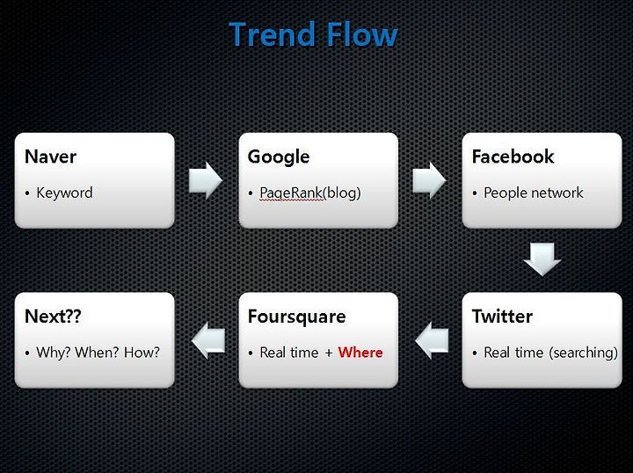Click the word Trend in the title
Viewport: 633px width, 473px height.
pyautogui.click(x=272, y=34)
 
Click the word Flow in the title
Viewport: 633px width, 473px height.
pyautogui.click(x=362, y=34)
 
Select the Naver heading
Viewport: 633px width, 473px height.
pyautogui.click(x=50, y=156)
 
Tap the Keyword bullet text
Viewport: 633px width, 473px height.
pyautogui.click(x=64, y=193)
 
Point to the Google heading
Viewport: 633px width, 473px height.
pyautogui.click(x=279, y=157)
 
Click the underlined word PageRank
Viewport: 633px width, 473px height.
pyautogui.click(x=291, y=193)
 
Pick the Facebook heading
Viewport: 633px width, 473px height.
pyautogui.click(x=513, y=156)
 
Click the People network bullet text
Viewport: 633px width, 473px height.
pyautogui.click(x=534, y=193)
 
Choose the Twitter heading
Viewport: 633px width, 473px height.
pyautogui.click(x=502, y=317)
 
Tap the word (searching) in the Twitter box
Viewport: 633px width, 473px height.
pyautogui.click(x=584, y=353)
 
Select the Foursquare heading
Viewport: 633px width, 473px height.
pyautogui.click(x=297, y=317)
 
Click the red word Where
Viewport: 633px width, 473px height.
pyautogui.click(x=360, y=353)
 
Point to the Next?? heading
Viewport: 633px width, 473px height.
pyautogui.click(x=53, y=317)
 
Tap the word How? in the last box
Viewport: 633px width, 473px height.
pyautogui.click(x=142, y=353)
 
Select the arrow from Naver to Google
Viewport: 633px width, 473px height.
pyautogui.click(x=206, y=180)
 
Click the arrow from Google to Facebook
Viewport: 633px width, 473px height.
pyautogui.click(x=429, y=180)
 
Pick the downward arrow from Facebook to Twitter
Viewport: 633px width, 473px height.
pyautogui.click(x=542, y=259)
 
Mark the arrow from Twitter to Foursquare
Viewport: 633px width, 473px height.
pyautogui.click(x=432, y=340)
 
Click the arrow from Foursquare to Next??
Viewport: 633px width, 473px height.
pyautogui.click(x=207, y=340)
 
